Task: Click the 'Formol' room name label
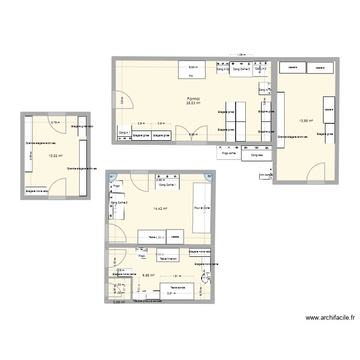(x=193, y=98)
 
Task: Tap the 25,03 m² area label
(x=193, y=103)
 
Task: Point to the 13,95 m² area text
(x=306, y=121)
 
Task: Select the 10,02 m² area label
(x=55, y=156)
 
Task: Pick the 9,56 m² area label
(x=148, y=275)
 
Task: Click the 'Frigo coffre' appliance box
(x=228, y=153)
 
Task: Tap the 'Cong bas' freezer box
(x=257, y=155)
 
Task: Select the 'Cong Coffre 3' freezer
(x=242, y=69)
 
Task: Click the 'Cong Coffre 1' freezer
(x=168, y=184)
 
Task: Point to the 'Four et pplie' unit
(x=202, y=208)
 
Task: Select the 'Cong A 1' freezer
(x=124, y=132)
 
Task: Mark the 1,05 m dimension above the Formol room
(x=241, y=55)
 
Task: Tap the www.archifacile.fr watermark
(x=326, y=317)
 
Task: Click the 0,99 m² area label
(x=119, y=302)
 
